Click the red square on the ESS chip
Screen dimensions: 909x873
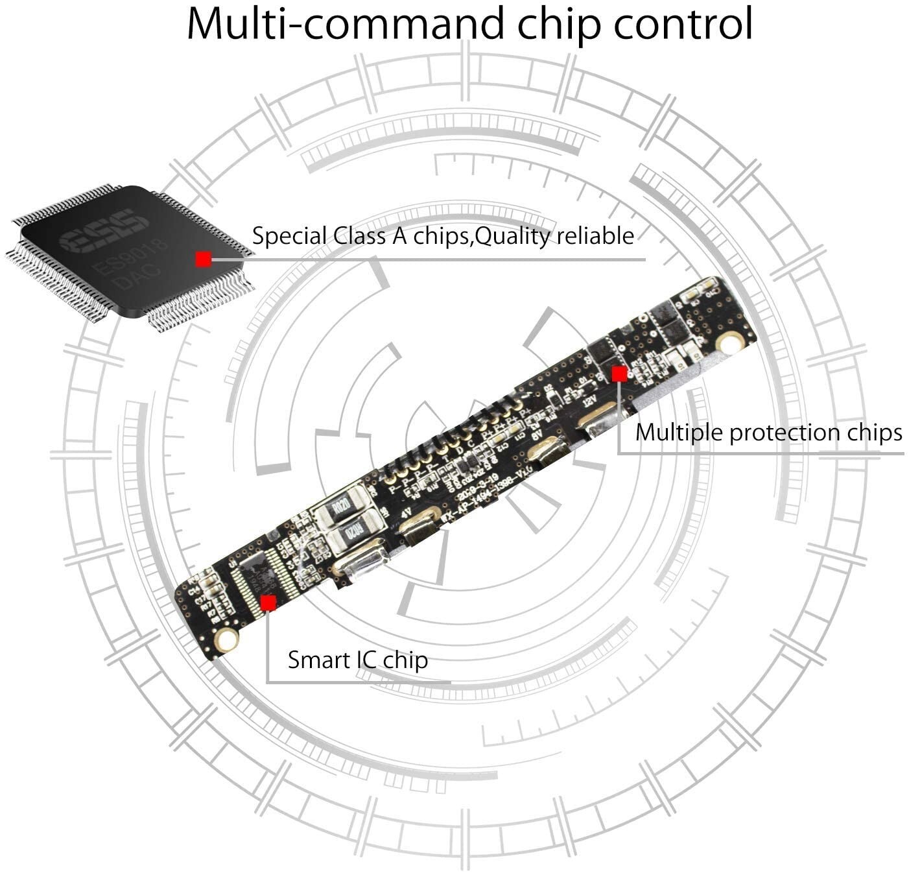(x=203, y=259)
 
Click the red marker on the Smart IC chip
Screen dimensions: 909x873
(x=268, y=603)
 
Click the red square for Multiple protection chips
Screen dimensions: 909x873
(x=619, y=374)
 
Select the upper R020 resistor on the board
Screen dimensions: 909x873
(x=341, y=507)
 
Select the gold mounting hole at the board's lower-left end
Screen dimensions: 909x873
(x=226, y=641)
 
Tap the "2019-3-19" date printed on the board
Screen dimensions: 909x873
(x=477, y=487)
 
